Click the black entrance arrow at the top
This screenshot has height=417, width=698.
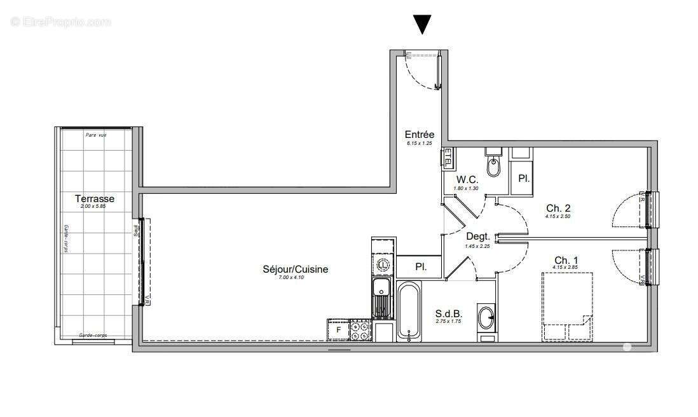click(x=422, y=24)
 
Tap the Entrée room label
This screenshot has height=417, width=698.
click(x=420, y=135)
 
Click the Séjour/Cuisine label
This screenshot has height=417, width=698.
click(x=295, y=270)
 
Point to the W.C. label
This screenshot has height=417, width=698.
click(x=467, y=180)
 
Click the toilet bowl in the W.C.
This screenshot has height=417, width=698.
click(x=493, y=167)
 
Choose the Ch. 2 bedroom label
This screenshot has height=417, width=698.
click(x=558, y=208)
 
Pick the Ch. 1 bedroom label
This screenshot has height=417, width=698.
click(x=566, y=260)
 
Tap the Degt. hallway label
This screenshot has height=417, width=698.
click(x=478, y=236)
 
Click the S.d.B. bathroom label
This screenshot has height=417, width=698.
click(x=448, y=313)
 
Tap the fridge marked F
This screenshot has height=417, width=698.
click(x=339, y=331)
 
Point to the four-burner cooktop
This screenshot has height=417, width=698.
click(x=360, y=331)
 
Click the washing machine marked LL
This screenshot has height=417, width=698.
click(x=383, y=264)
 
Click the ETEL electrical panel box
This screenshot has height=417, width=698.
click(x=448, y=156)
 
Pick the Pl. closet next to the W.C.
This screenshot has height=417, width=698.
click(x=523, y=179)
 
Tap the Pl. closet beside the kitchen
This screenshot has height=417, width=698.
click(x=420, y=267)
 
